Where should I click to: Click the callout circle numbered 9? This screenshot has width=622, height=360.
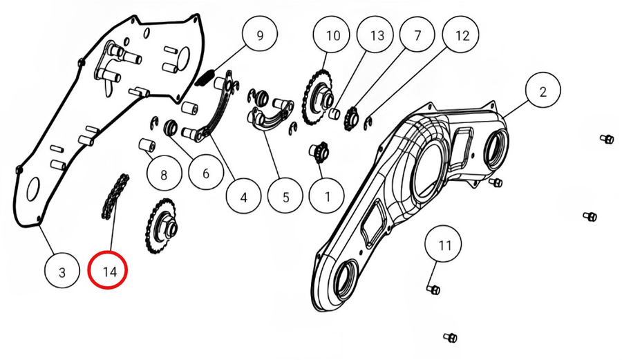(260, 36)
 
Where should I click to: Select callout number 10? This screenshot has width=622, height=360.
(333, 36)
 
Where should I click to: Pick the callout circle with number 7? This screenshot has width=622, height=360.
(417, 36)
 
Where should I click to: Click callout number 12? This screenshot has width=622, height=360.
(462, 36)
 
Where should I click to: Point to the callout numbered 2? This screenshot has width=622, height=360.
(543, 91)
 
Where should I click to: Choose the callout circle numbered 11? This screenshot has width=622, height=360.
(443, 245)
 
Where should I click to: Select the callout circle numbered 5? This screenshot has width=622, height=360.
(285, 196)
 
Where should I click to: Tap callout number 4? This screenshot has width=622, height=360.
(243, 196)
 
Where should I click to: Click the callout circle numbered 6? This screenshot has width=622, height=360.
(205, 173)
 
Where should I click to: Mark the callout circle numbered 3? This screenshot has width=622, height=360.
(62, 272)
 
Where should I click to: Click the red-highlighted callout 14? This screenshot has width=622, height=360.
(109, 272)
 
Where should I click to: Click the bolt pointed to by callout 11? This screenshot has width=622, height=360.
(433, 290)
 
